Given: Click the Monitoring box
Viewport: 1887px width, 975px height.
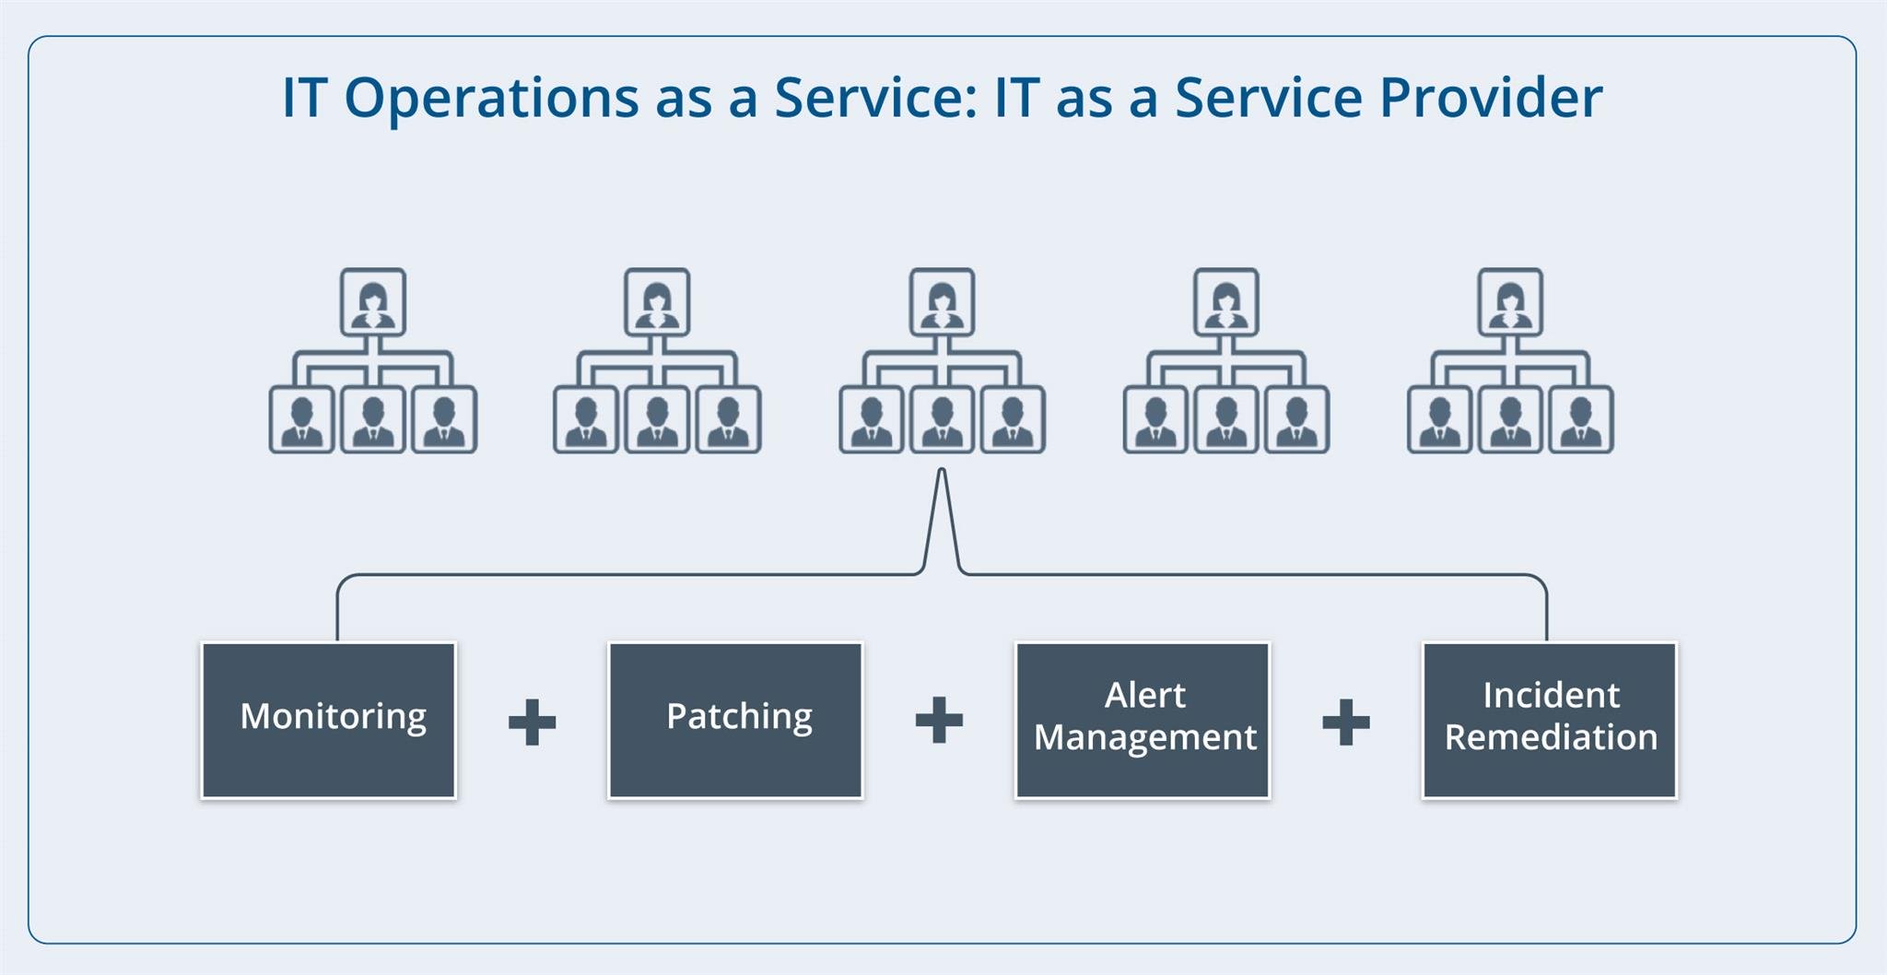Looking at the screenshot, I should point(329,720).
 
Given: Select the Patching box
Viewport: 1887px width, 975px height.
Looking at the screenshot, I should point(735,720).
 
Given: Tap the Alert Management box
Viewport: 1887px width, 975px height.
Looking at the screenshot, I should point(1143,720).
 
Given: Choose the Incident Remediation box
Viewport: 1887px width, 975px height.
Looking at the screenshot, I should point(1550,720).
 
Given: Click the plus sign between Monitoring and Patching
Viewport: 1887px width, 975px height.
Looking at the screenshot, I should point(533,722).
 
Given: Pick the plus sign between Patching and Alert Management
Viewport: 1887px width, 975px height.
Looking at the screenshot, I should point(939,720).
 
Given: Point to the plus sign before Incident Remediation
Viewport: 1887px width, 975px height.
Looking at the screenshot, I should point(1346,722).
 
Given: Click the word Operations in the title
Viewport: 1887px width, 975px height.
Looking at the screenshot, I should point(491,98).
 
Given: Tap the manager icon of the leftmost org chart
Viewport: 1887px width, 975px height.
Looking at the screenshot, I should point(373,302).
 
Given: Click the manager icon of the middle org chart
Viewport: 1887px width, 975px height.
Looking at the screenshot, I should point(942,302).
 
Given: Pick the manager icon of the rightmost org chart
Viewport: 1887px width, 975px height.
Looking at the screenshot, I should point(1510,302).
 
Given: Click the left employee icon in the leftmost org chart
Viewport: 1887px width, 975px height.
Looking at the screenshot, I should point(301,420).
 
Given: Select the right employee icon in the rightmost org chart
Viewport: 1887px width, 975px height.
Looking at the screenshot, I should point(1581,420).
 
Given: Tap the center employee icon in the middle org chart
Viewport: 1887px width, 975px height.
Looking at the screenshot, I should point(942,420).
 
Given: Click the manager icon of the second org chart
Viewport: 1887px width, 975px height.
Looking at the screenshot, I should point(657,302).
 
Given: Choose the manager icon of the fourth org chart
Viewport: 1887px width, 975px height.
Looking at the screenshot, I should point(1226,302).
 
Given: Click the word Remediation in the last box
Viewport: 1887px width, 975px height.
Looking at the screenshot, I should point(1551,737).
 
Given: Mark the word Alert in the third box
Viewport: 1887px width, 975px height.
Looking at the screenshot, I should point(1144,695).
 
